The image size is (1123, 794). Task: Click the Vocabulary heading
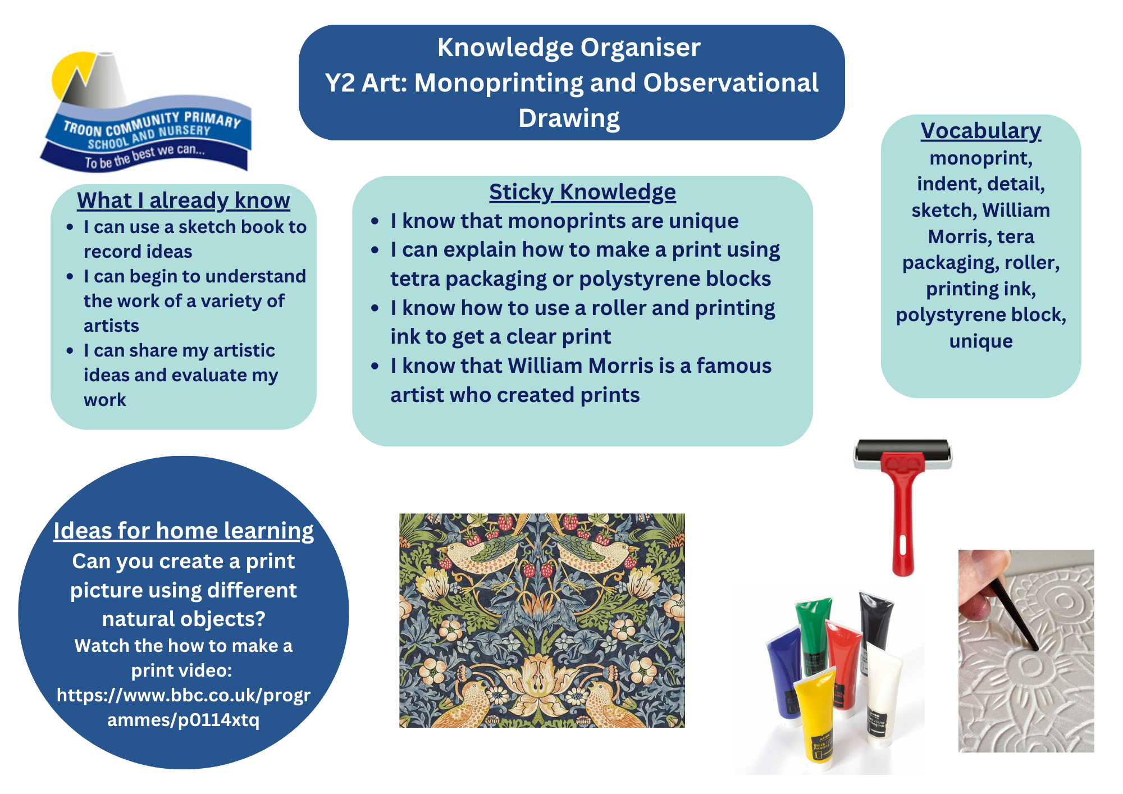pyautogui.click(x=981, y=131)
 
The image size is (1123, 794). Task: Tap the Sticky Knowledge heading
pyautogui.click(x=582, y=192)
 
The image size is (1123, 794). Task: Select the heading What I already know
pyautogui.click(x=184, y=200)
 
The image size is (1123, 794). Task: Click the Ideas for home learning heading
pyautogui.click(x=184, y=531)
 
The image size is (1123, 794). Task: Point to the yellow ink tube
pyautogui.click(x=815, y=713)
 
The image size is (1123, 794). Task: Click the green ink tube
pyautogui.click(x=812, y=635)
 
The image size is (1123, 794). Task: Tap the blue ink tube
pyautogui.click(x=785, y=674)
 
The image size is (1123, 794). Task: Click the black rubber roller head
pyautogui.click(x=903, y=453)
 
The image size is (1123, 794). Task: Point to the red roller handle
pyautogui.click(x=903, y=517)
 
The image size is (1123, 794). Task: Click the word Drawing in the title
pyautogui.click(x=569, y=118)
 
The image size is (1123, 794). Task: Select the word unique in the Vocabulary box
pyautogui.click(x=981, y=341)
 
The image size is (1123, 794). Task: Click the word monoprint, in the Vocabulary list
pyautogui.click(x=981, y=158)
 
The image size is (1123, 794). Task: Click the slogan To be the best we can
pyautogui.click(x=145, y=157)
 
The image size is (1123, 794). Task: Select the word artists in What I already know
pyautogui.click(x=111, y=326)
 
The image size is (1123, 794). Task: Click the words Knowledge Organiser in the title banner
pyautogui.click(x=569, y=48)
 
